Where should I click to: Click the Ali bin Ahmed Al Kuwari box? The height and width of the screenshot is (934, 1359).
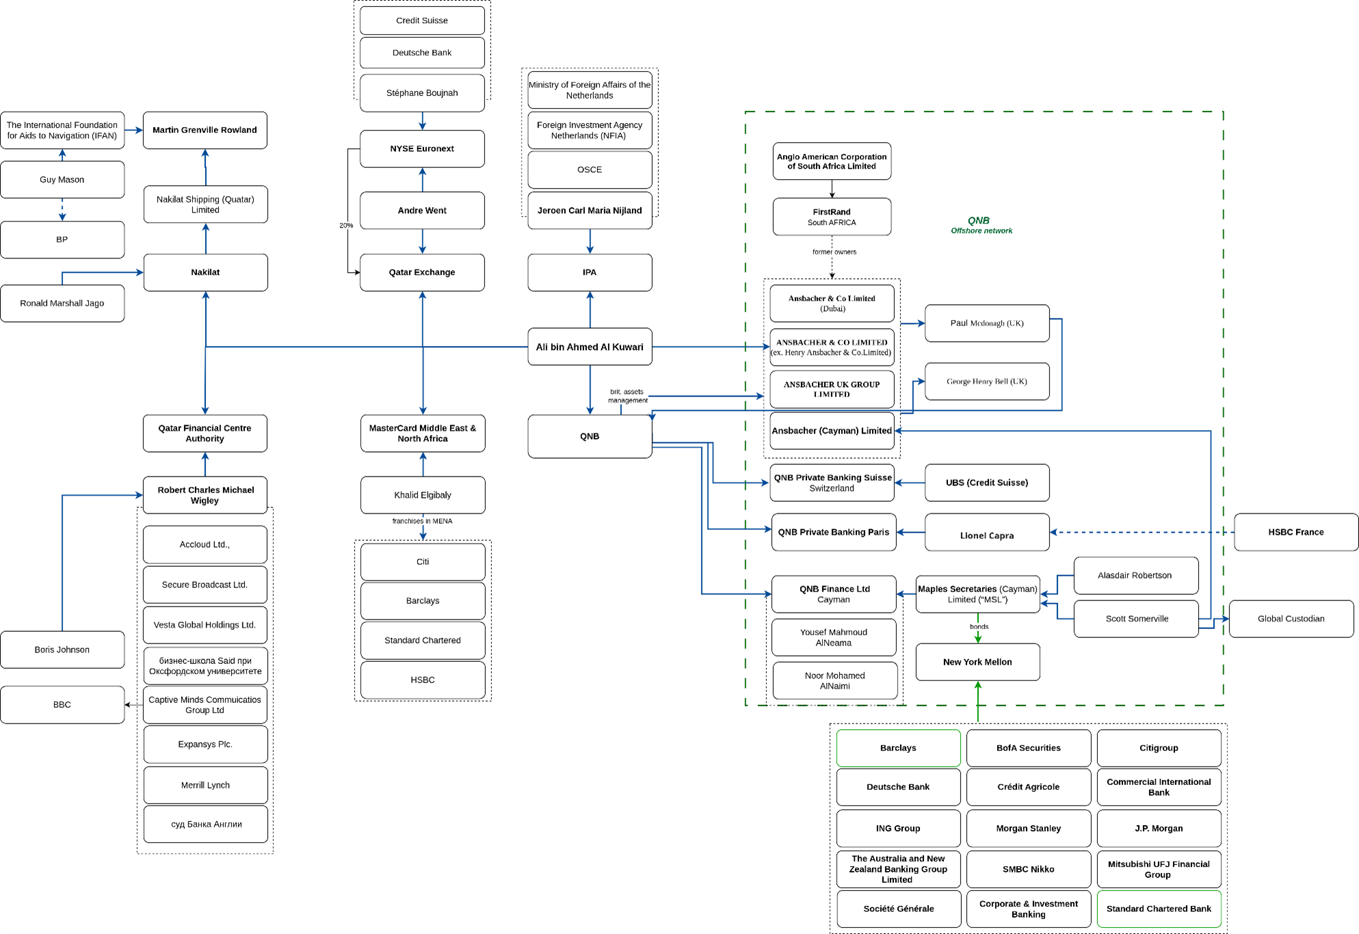(590, 347)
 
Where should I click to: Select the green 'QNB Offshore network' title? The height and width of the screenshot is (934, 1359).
(980, 225)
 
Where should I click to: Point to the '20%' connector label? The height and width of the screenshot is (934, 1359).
(346, 225)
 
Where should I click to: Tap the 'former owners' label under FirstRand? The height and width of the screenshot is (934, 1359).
(834, 252)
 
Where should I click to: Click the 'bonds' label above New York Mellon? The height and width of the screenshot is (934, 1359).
(979, 626)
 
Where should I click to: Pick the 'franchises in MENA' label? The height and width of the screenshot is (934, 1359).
(422, 521)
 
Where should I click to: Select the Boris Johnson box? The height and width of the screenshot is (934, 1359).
(62, 650)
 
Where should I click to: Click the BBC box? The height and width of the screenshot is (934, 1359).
(62, 705)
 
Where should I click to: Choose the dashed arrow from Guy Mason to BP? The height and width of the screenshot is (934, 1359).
(62, 209)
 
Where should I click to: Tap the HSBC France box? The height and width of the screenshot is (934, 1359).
(1295, 532)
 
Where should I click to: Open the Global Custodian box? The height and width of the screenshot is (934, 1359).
(1291, 619)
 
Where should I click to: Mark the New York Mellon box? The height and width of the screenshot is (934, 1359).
(977, 662)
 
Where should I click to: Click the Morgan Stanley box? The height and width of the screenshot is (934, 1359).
(1028, 828)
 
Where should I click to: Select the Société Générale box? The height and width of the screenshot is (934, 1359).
(898, 909)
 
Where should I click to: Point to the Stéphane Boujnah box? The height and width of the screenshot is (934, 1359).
(422, 93)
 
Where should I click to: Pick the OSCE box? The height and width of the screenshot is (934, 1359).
(590, 170)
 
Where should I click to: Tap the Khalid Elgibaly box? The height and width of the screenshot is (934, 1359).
(423, 495)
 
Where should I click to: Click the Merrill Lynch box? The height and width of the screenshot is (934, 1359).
(205, 785)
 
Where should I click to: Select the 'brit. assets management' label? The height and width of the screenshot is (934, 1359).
(627, 396)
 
